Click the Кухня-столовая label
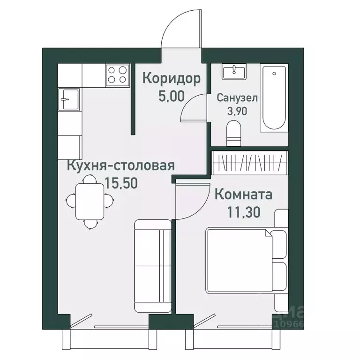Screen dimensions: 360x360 pyautogui.click(x=121, y=166)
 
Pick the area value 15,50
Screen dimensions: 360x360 pyautogui.click(x=121, y=183)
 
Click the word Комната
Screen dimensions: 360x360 pyautogui.click(x=243, y=194)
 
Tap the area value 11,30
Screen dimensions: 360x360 pyautogui.click(x=243, y=211)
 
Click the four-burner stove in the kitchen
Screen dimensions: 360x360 pyautogui.click(x=117, y=75)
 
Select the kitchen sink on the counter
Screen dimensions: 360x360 pyautogui.click(x=69, y=98)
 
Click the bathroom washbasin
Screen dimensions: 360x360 pyautogui.click(x=233, y=73)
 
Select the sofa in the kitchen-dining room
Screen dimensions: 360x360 pyautogui.click(x=152, y=265)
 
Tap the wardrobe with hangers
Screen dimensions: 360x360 pyautogui.click(x=248, y=163)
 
